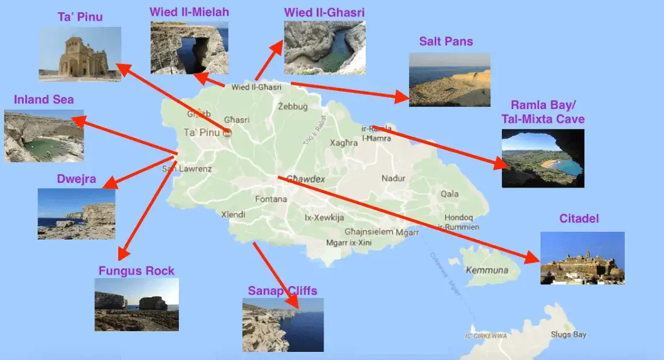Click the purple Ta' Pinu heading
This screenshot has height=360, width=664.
pos(80,17)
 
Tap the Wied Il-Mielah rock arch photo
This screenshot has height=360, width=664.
pos(189,48)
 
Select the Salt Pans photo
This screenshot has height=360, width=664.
pos(449,80)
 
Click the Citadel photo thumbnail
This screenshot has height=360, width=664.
pos(582,258)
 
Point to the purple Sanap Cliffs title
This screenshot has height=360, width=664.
pos(283,291)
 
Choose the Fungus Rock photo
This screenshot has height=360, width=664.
pos(136,304)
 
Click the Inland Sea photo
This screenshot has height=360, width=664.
pos(44,136)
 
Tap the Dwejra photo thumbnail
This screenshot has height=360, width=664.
pos(76,213)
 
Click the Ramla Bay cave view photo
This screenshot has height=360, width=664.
pos(543,158)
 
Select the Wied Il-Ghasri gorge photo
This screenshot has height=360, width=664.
pos(325,47)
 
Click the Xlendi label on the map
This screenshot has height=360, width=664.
pos(233,215)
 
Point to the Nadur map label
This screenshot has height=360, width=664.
pos(393,179)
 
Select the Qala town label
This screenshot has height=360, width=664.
pos(450,194)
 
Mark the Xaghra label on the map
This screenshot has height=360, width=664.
pos(344,143)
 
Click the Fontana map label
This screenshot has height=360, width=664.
pos(271,200)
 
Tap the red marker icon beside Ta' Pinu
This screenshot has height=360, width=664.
pos(227,133)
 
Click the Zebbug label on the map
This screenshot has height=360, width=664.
pos(292,107)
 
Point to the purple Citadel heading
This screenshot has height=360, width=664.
pos(579,219)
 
